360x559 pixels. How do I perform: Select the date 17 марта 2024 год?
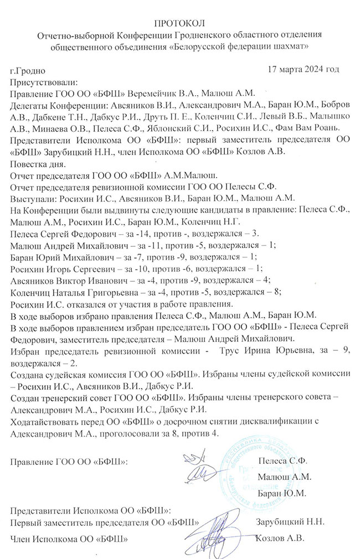[303, 69]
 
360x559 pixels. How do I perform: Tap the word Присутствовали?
[44, 82]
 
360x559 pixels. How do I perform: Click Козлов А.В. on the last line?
[281, 538]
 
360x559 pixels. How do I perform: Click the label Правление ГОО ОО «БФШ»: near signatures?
[69, 460]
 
